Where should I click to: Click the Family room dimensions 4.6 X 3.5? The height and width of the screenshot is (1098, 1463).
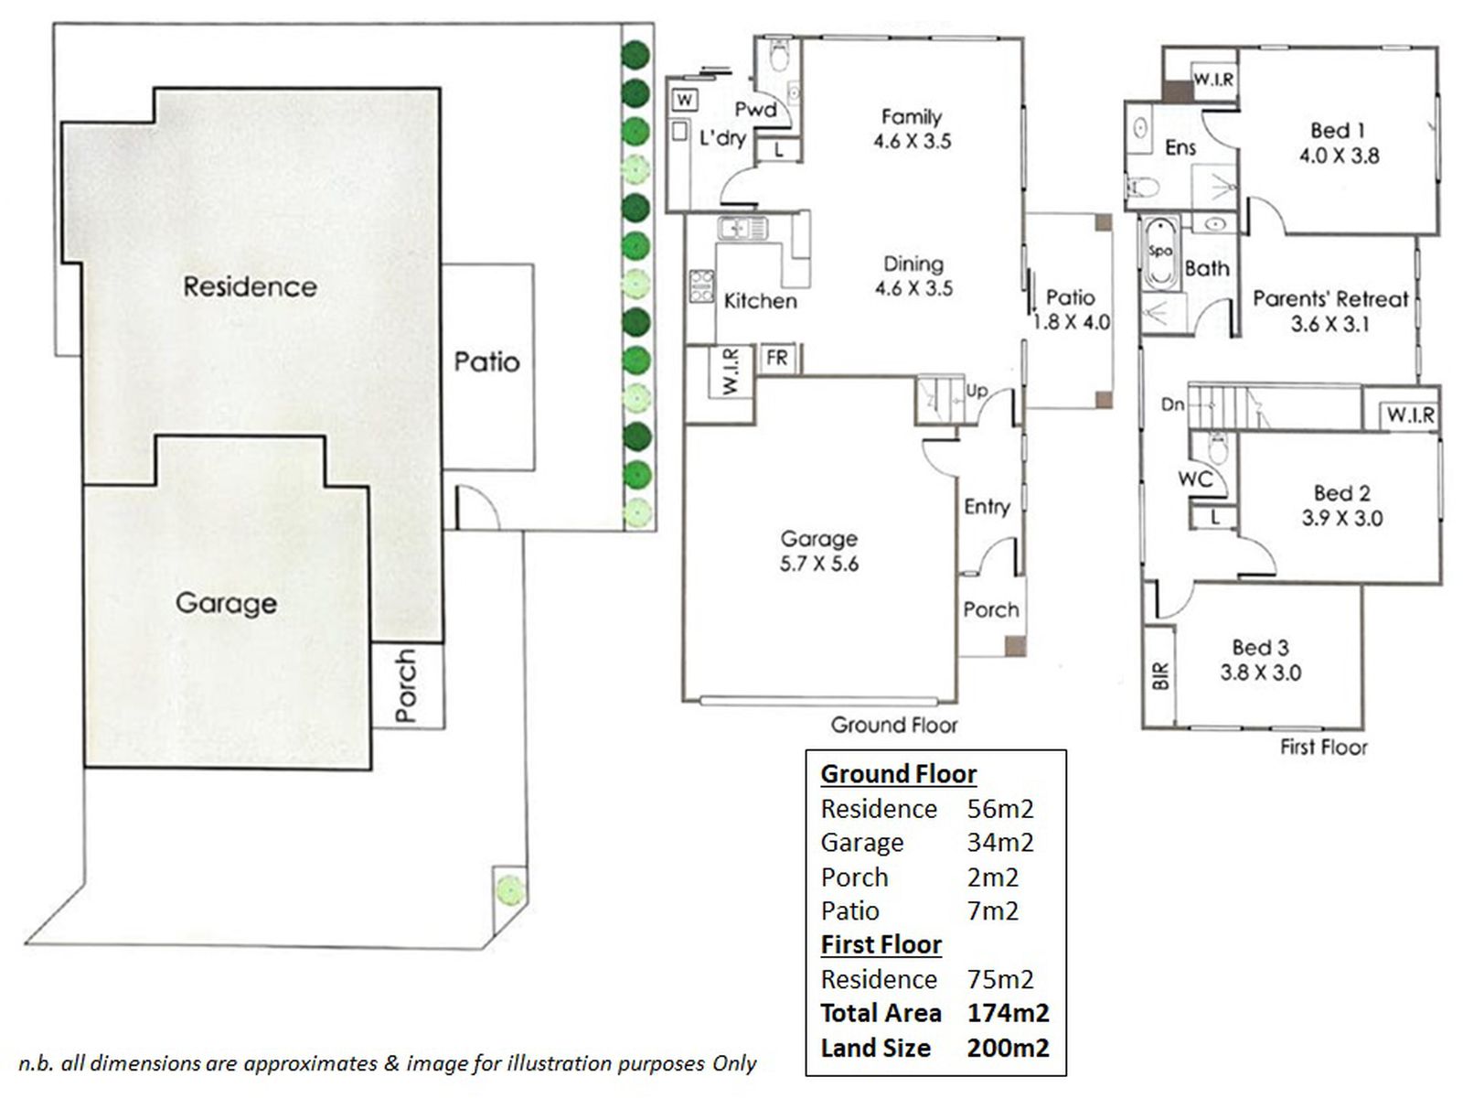(912, 142)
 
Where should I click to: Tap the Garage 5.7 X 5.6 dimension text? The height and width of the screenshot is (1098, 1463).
(819, 564)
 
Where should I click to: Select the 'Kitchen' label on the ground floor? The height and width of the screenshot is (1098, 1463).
(760, 301)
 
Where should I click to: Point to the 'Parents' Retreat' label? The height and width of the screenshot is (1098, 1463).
(1330, 299)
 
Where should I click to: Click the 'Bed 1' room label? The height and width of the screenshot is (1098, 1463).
(1337, 131)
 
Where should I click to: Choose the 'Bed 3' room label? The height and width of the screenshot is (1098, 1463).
(1260, 648)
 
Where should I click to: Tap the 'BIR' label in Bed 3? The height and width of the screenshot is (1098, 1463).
(1160, 675)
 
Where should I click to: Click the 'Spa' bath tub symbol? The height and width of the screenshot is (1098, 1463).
(1160, 252)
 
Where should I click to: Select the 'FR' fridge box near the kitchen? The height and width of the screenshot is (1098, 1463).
(777, 358)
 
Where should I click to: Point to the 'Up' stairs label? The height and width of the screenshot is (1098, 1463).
(977, 391)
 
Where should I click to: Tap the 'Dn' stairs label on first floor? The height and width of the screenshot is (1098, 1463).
(1172, 404)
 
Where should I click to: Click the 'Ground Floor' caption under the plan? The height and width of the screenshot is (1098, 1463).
(893, 726)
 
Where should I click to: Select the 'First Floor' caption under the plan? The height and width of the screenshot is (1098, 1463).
(1323, 747)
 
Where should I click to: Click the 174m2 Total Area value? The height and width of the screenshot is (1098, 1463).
(1008, 1013)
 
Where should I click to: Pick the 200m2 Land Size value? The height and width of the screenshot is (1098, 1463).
(1008, 1048)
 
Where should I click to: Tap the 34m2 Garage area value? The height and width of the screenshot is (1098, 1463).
(1000, 843)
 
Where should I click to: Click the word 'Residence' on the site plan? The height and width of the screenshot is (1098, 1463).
(250, 286)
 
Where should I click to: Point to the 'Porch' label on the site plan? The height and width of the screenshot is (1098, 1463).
(406, 685)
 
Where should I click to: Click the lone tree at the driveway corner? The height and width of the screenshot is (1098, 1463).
(509, 888)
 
